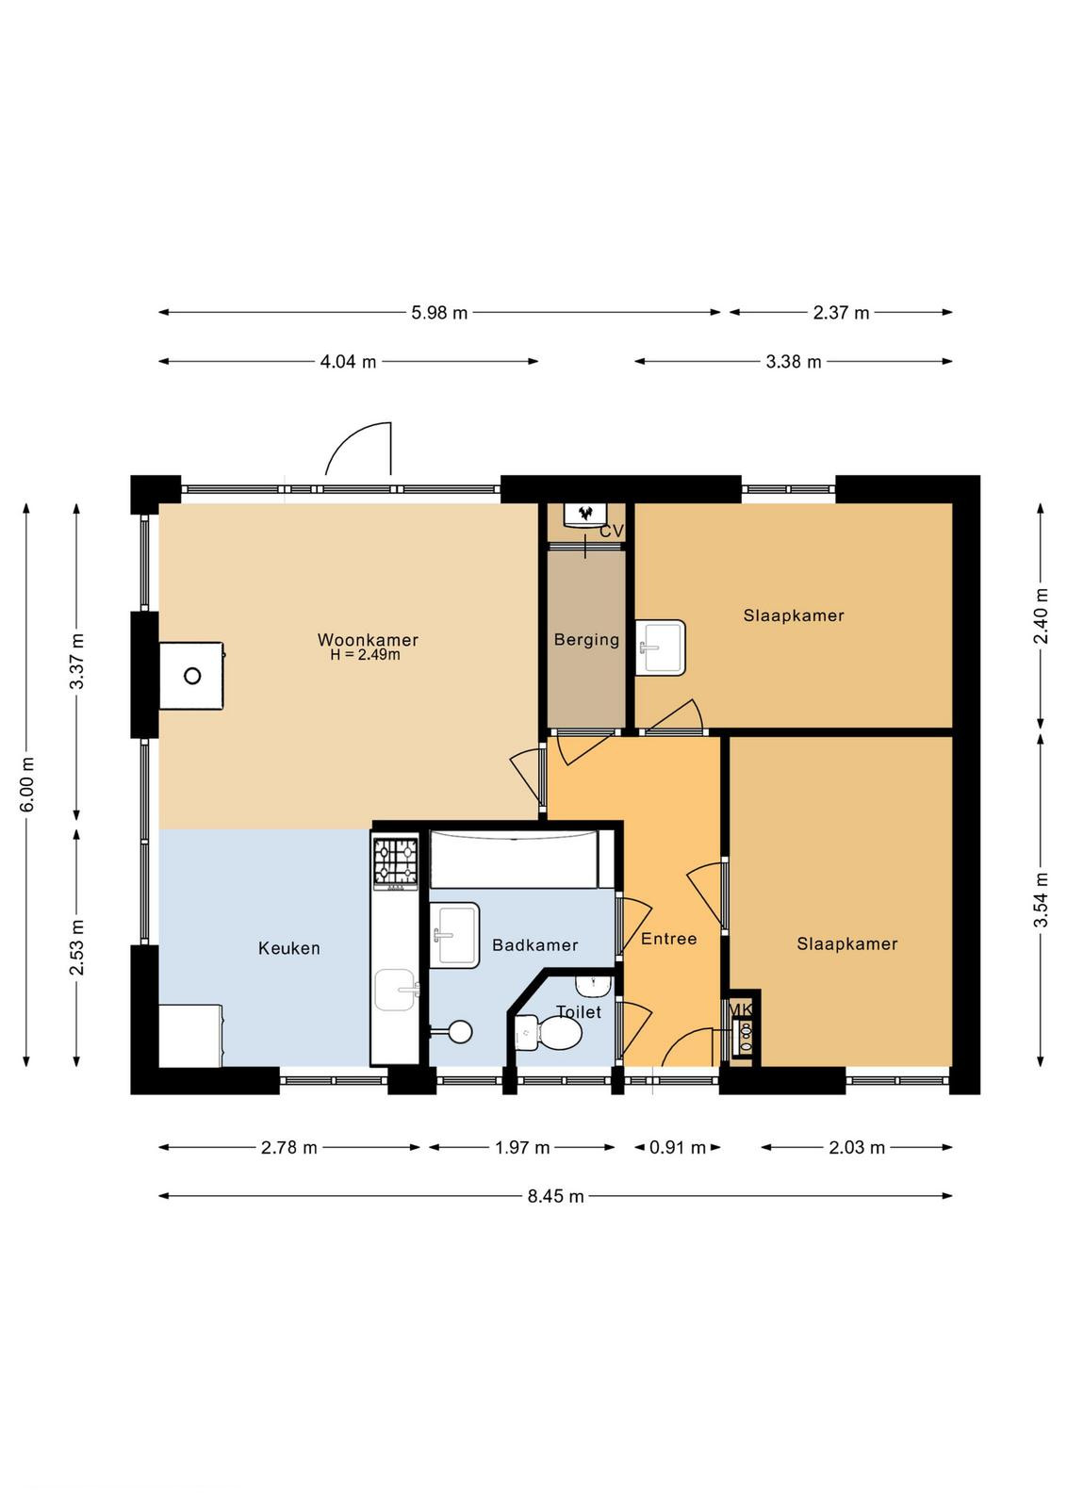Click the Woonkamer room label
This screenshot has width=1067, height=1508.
368,639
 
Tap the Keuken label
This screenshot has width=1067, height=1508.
288,948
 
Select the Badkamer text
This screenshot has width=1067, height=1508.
534,945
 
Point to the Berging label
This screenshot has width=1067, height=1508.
586,640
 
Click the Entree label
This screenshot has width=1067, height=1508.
668,939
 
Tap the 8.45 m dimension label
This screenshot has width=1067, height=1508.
556,1196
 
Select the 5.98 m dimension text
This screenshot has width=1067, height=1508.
439,313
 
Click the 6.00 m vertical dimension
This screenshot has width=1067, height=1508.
27,784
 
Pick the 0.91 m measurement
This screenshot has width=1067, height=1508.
677,1148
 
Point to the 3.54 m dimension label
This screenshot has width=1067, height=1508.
1041,900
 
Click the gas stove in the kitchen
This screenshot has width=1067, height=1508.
395,861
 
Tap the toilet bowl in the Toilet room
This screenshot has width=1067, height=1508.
549,1032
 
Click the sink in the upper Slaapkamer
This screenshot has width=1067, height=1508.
661,647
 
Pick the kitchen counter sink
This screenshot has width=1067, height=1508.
395,990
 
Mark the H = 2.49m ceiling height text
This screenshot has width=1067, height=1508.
365,654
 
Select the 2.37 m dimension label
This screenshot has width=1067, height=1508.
841,313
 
